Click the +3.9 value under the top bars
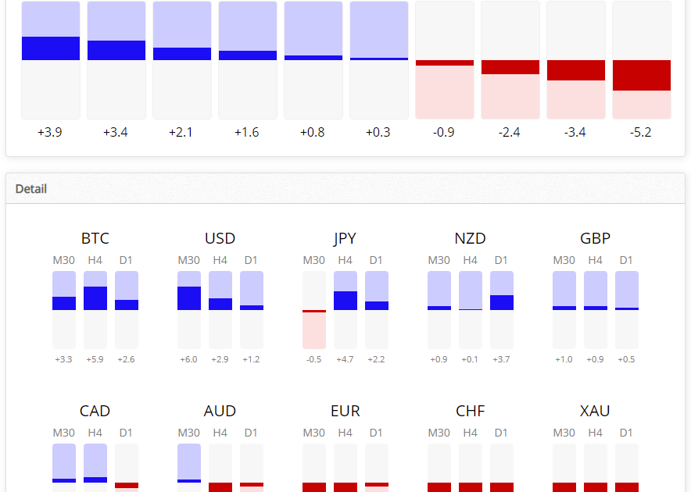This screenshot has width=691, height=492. (x=50, y=132)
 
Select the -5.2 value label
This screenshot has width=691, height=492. (x=641, y=132)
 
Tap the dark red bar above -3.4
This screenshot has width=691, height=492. (x=575, y=70)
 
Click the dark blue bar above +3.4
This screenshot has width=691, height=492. (x=116, y=50)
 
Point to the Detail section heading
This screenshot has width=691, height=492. (x=31, y=189)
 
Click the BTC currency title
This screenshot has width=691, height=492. (x=95, y=238)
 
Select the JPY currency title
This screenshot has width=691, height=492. (x=345, y=238)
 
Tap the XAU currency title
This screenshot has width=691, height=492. (x=595, y=411)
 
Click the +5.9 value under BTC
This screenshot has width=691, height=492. (x=95, y=359)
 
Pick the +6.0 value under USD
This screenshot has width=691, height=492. (x=189, y=359)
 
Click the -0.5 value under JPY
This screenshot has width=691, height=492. (x=313, y=359)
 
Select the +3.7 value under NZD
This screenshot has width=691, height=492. (x=501, y=359)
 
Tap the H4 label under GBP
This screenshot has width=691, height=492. (x=595, y=260)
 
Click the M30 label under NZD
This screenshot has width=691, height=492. (x=439, y=260)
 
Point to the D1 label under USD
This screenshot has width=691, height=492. (x=251, y=260)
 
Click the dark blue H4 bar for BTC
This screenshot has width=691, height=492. (x=95, y=298)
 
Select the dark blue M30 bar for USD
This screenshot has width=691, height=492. (x=189, y=298)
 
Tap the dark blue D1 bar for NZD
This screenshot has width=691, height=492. (x=501, y=302)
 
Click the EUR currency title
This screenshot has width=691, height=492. (x=345, y=411)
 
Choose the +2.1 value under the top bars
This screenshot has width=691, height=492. (x=181, y=132)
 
